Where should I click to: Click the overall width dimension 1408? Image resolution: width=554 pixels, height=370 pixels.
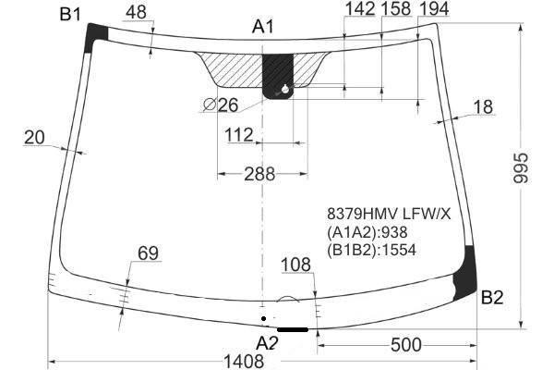point(244,361)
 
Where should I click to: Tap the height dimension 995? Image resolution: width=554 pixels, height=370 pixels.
point(521,168)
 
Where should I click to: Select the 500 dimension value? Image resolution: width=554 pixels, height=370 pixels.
point(406,344)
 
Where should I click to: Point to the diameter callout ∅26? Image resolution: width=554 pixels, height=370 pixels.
point(222,105)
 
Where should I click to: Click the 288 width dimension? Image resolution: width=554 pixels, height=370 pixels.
point(259,174)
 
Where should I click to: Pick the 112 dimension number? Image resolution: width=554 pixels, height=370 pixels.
point(239,135)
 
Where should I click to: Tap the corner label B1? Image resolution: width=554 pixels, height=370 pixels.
point(70,15)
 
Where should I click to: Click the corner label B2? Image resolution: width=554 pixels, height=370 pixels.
point(492,298)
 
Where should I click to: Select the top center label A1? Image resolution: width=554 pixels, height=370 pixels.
point(263,27)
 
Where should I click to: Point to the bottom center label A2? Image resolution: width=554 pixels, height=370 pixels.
point(268,343)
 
